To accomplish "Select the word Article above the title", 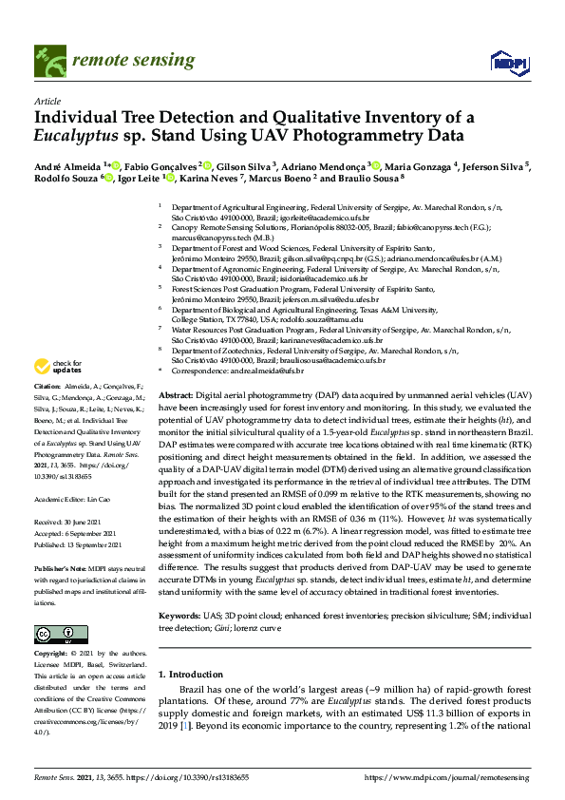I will click(x=47, y=101).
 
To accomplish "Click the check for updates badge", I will click(x=57, y=367).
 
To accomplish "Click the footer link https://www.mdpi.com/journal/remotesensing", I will click(x=446, y=777).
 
